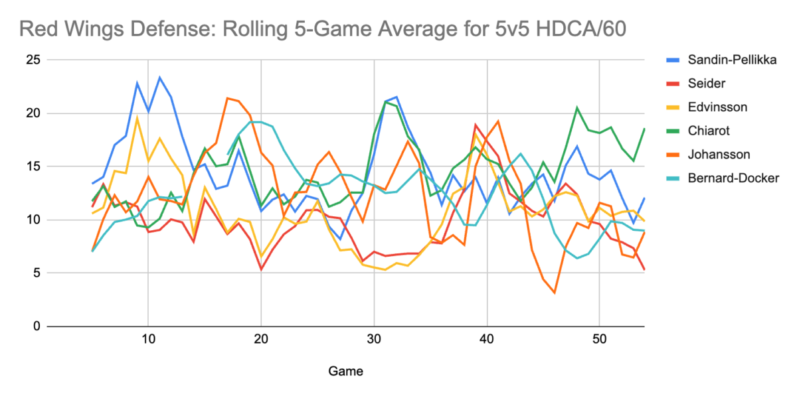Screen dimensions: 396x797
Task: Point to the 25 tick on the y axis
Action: pyautogui.click(x=33, y=60)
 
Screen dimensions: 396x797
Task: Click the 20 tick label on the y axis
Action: pyautogui.click(x=33, y=113)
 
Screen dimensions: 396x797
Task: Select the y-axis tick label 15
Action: pyautogui.click(x=33, y=166)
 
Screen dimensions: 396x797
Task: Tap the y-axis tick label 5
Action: pyautogui.click(x=37, y=273)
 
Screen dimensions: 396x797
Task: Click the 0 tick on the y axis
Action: pyautogui.click(x=37, y=326)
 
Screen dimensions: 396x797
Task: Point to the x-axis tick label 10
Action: pyautogui.click(x=147, y=340)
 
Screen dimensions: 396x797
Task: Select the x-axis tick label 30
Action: pyautogui.click(x=374, y=340)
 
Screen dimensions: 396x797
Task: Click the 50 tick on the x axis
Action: pyautogui.click(x=600, y=340)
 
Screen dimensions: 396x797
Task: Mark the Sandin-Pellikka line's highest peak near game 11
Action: pyautogui.click(x=159, y=78)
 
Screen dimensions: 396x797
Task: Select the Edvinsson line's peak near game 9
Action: pyautogui.click(x=137, y=118)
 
